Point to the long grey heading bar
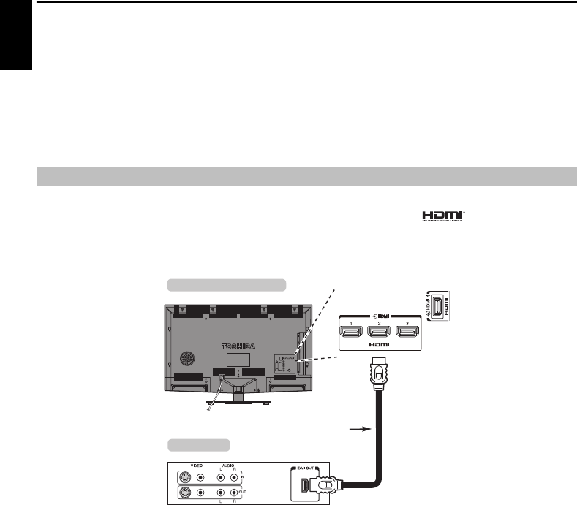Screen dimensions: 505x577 point(306,177)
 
